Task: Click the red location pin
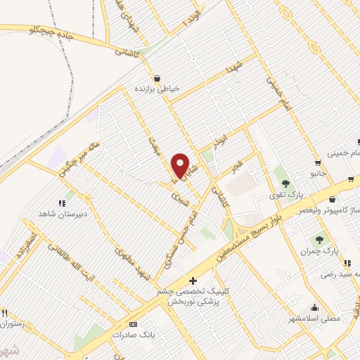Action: click(x=181, y=166)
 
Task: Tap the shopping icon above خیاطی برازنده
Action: click(x=157, y=78)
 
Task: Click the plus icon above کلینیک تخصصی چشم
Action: click(x=193, y=281)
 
